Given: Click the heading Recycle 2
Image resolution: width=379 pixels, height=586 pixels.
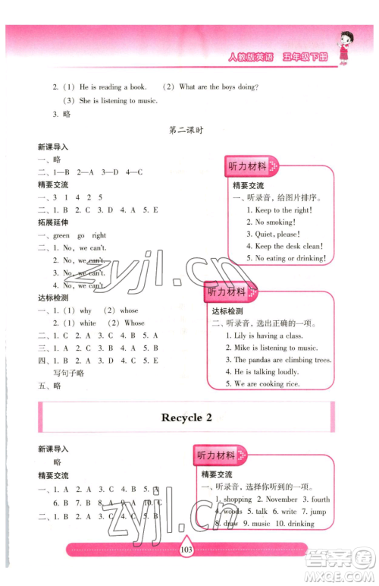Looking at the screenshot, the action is point(186,417).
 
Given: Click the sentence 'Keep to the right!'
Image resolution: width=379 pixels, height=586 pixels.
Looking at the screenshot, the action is point(274,210).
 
